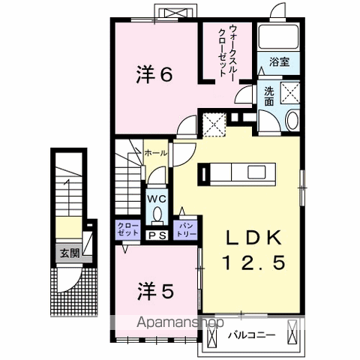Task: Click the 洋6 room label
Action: pyautogui.click(x=154, y=74)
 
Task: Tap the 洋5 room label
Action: pyautogui.click(x=155, y=292)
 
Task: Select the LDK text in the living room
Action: pyautogui.click(x=253, y=238)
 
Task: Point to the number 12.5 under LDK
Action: pyautogui.click(x=253, y=262)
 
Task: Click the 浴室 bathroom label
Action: pyautogui.click(x=279, y=61)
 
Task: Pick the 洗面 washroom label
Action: pyautogui.click(x=269, y=96)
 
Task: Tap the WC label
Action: pyautogui.click(x=157, y=199)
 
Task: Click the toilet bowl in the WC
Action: pyautogui.click(x=157, y=214)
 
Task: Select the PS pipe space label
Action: pyautogui.click(x=157, y=235)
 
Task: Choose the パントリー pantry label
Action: pyautogui.click(x=186, y=230)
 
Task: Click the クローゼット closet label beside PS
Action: pyautogui.click(x=127, y=229)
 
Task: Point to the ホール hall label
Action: pyautogui.click(x=156, y=153)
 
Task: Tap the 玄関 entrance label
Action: pyautogui.click(x=70, y=254)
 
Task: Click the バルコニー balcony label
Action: pyautogui.click(x=251, y=334)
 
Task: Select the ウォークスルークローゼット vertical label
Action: pyautogui.click(x=227, y=51)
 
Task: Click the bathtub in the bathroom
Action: pyautogui.click(x=278, y=37)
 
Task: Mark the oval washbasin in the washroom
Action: pyautogui.click(x=292, y=120)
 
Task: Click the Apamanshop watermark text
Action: pyautogui.click(x=180, y=322)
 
